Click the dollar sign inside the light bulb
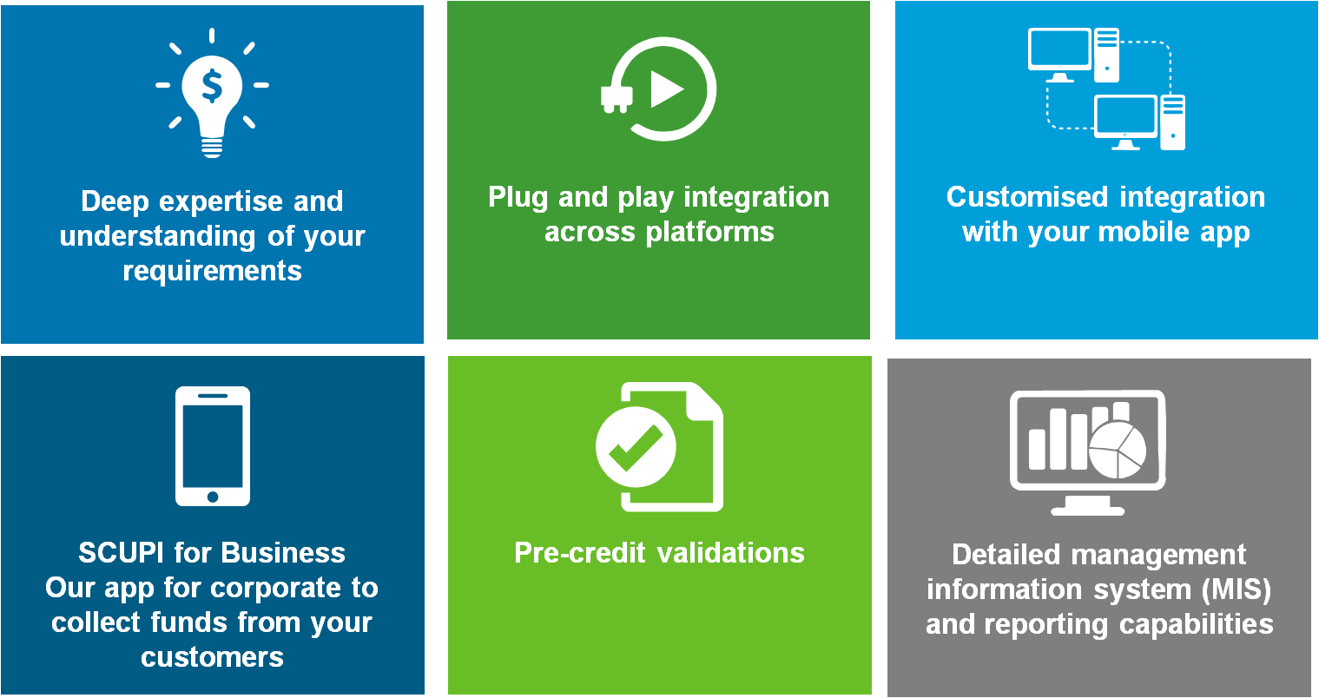click(212, 86)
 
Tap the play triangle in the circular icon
click(666, 89)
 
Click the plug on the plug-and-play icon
click(617, 98)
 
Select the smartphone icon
click(213, 446)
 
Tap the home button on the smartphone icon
click(213, 497)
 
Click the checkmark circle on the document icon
click(636, 447)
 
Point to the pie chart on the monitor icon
click(1118, 451)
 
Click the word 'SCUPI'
click(122, 553)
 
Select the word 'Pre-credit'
click(579, 553)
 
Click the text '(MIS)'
click(1237, 589)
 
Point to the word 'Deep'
click(115, 202)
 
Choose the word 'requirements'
click(213, 272)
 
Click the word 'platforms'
click(710, 232)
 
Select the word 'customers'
click(213, 657)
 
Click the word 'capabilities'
click(1197, 625)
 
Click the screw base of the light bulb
click(212, 147)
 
